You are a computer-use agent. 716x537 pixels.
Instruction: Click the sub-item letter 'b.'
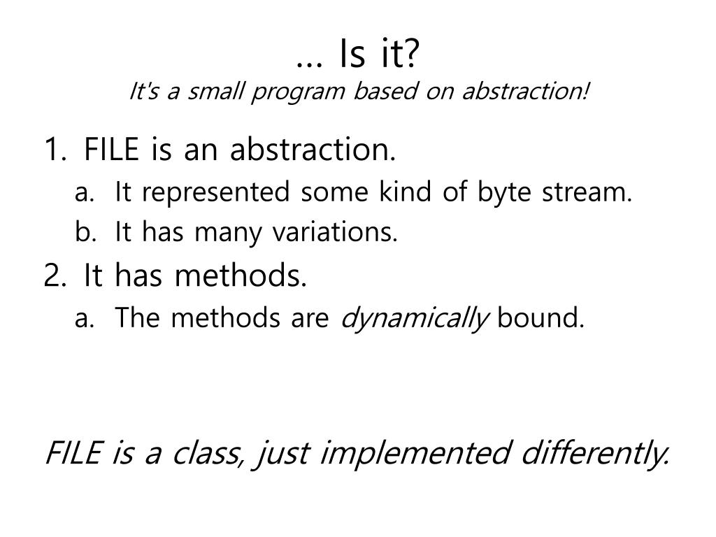(x=85, y=231)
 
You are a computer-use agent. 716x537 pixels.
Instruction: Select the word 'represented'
(x=215, y=193)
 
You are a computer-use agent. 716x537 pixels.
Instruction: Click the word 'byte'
(x=504, y=193)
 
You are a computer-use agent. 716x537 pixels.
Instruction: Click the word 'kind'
(x=405, y=191)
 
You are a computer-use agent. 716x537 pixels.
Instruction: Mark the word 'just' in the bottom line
(x=281, y=454)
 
